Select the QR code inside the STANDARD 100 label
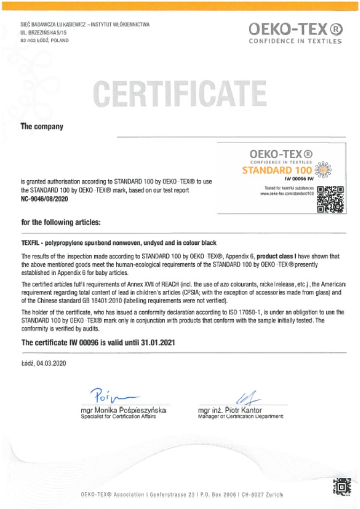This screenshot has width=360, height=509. [x=330, y=199]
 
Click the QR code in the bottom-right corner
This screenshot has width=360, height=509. [x=341, y=487]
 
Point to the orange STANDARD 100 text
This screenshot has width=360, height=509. [x=277, y=171]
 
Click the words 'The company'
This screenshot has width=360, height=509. [x=42, y=127]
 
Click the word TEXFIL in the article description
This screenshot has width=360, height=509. [x=30, y=243]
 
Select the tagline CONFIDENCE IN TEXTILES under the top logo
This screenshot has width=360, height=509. [x=295, y=41]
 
